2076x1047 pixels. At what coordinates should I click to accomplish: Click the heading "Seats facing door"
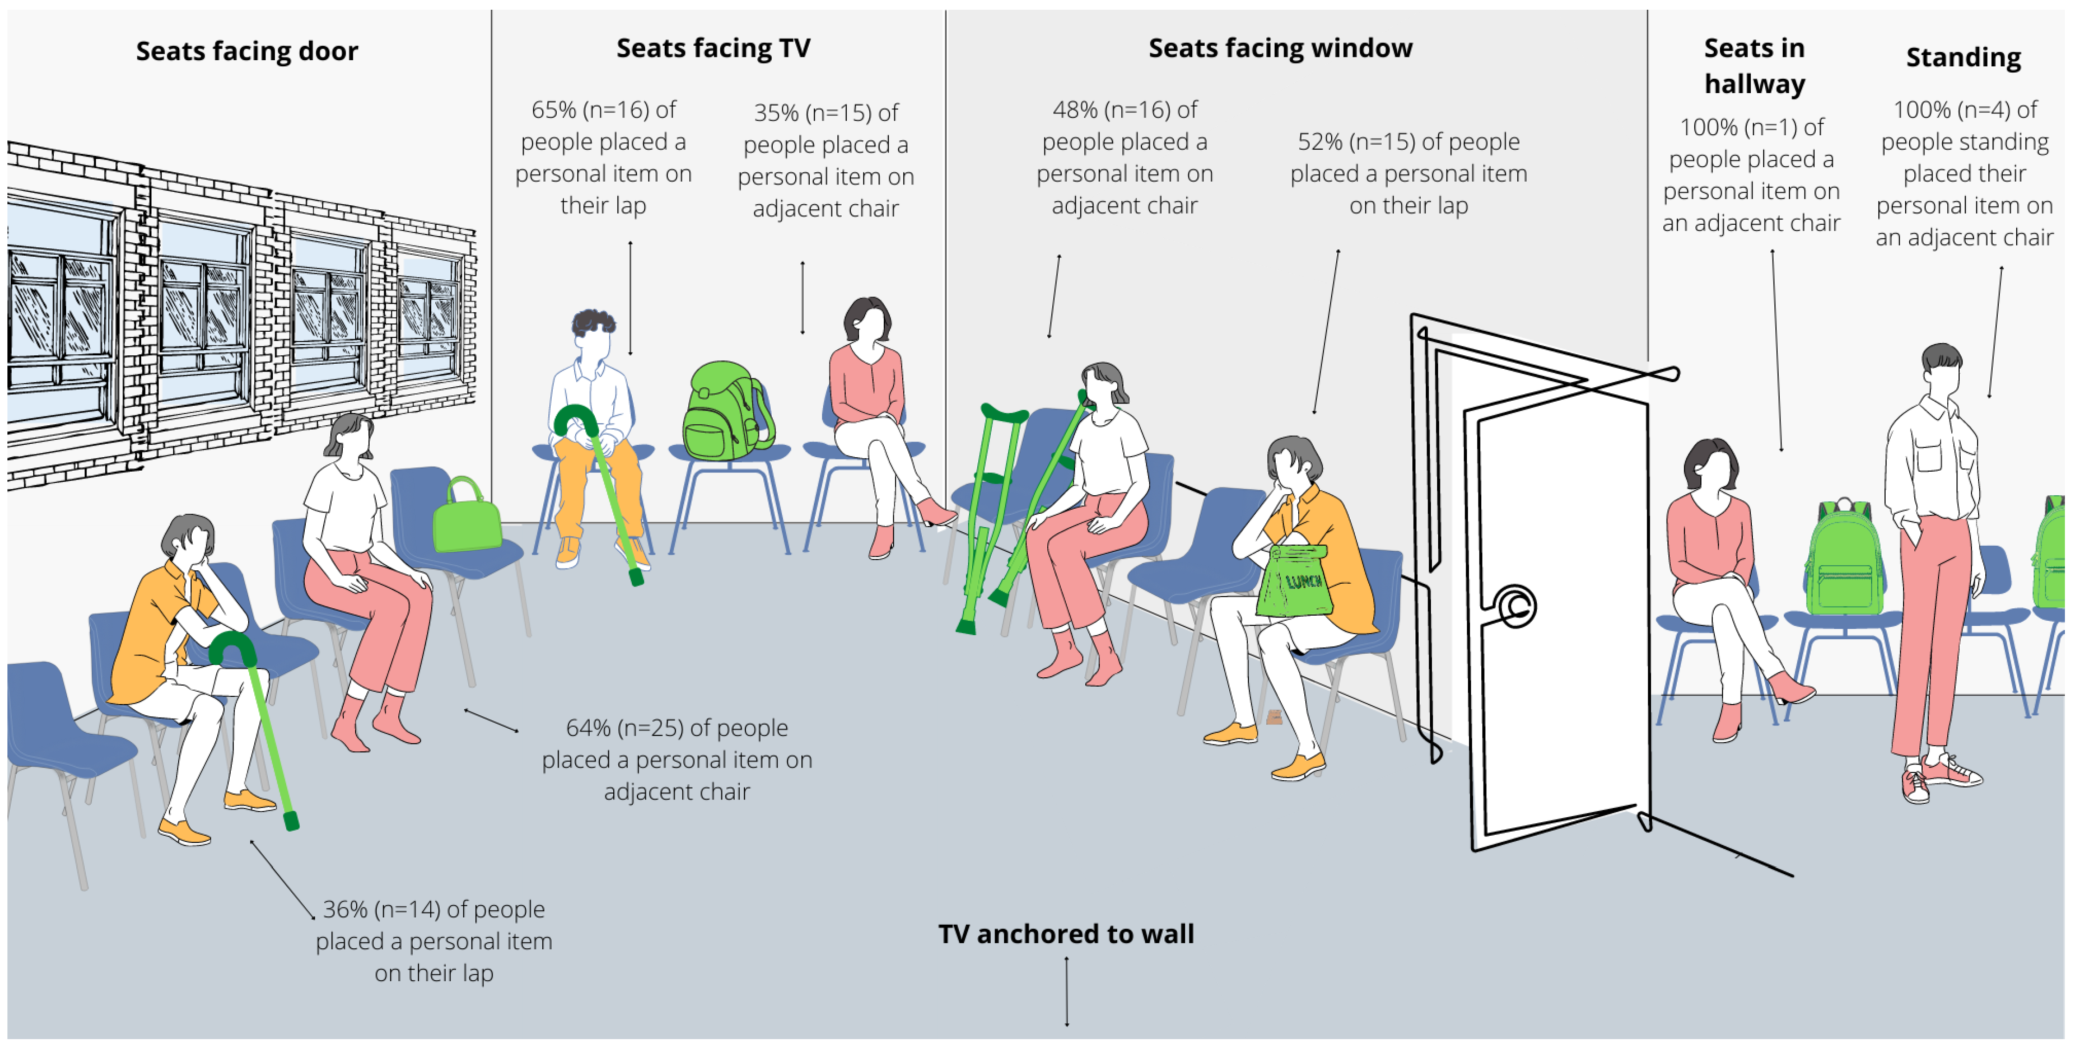coord(246,51)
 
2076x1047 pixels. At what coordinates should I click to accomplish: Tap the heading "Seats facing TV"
coord(713,48)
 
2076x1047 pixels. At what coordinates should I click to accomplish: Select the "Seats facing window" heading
coord(1280,48)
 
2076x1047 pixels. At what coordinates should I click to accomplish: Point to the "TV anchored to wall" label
coord(1065,933)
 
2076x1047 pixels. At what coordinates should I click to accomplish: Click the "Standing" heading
coord(1963,57)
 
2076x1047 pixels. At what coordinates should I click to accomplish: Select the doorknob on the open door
coord(1515,606)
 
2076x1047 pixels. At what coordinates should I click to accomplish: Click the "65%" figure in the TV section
coord(554,110)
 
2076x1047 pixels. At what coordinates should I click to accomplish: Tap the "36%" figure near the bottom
coord(345,909)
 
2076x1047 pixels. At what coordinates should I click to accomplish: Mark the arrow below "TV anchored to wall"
coord(1066,991)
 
